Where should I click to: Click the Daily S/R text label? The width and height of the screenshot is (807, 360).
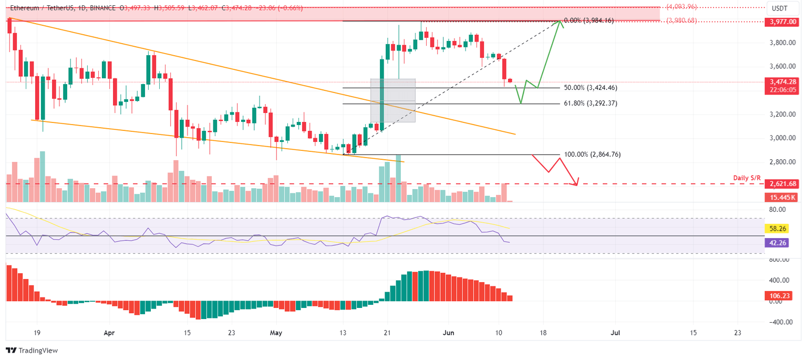(747, 178)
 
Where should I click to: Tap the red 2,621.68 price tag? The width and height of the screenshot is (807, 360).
(782, 184)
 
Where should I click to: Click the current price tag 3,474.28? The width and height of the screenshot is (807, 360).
(782, 82)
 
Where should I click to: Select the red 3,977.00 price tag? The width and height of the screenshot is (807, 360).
(782, 22)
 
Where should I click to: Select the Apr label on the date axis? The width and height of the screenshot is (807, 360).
(109, 333)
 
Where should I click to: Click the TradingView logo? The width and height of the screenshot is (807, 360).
(32, 350)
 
